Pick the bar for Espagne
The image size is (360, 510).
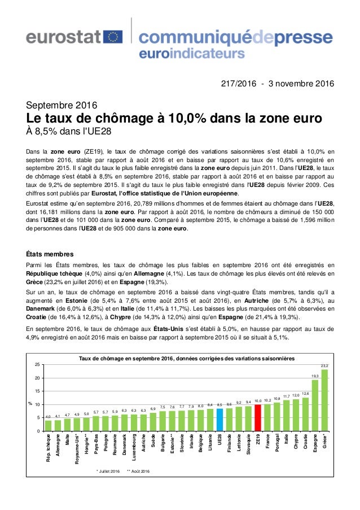315,405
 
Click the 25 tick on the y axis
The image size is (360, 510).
37,365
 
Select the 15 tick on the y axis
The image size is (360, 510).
37,391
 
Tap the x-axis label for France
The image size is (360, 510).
267,443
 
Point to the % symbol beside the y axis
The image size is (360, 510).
31,403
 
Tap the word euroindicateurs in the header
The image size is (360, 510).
191,55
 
